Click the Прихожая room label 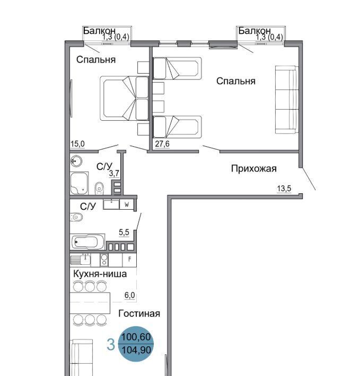[x=253, y=169]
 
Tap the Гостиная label [x=139, y=314]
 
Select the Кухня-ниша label [x=100, y=274]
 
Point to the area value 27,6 [x=162, y=144]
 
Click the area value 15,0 [x=77, y=144]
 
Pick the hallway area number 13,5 [x=284, y=189]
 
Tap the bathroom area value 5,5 [x=124, y=232]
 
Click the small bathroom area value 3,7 [x=114, y=173]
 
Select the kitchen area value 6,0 [x=129, y=296]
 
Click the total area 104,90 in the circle [x=136, y=350]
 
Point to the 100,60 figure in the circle [x=136, y=337]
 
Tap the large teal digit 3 [x=111, y=345]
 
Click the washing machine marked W [x=127, y=204]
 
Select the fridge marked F [x=129, y=259]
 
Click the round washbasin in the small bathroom [x=76, y=160]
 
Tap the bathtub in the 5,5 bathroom [x=87, y=241]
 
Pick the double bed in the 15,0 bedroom [x=124, y=99]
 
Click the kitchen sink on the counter [x=81, y=259]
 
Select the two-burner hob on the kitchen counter [x=104, y=260]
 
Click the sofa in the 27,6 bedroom [x=286, y=100]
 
